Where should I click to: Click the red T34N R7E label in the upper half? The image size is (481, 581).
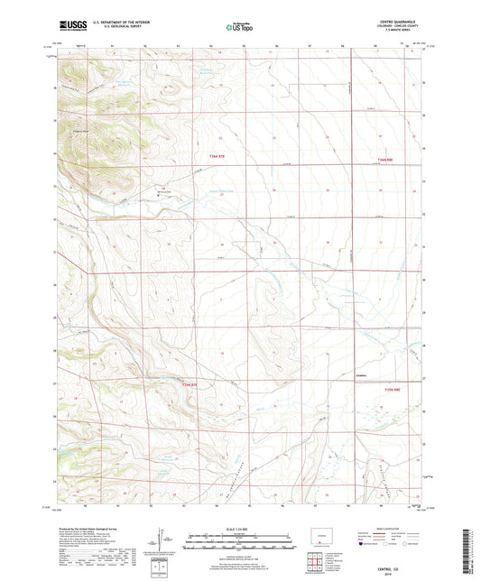[x=208, y=159]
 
